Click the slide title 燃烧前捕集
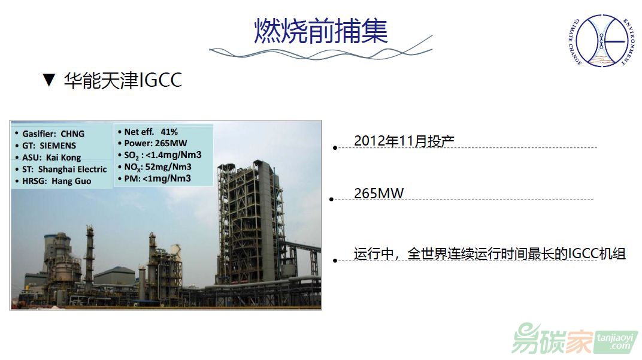click(320, 31)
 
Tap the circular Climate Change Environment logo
click(601, 41)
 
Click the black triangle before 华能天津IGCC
click(49, 80)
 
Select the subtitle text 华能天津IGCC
click(123, 80)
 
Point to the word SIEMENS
click(57, 146)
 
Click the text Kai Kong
click(63, 158)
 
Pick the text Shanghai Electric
click(72, 169)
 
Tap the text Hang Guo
click(71, 181)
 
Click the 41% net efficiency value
click(169, 132)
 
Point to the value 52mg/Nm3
click(168, 167)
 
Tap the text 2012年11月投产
click(404, 141)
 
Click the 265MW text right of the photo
click(378, 193)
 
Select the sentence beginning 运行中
click(490, 254)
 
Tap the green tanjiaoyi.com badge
click(617, 342)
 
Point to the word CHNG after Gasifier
click(72, 134)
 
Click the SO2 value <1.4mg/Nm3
click(174, 155)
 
